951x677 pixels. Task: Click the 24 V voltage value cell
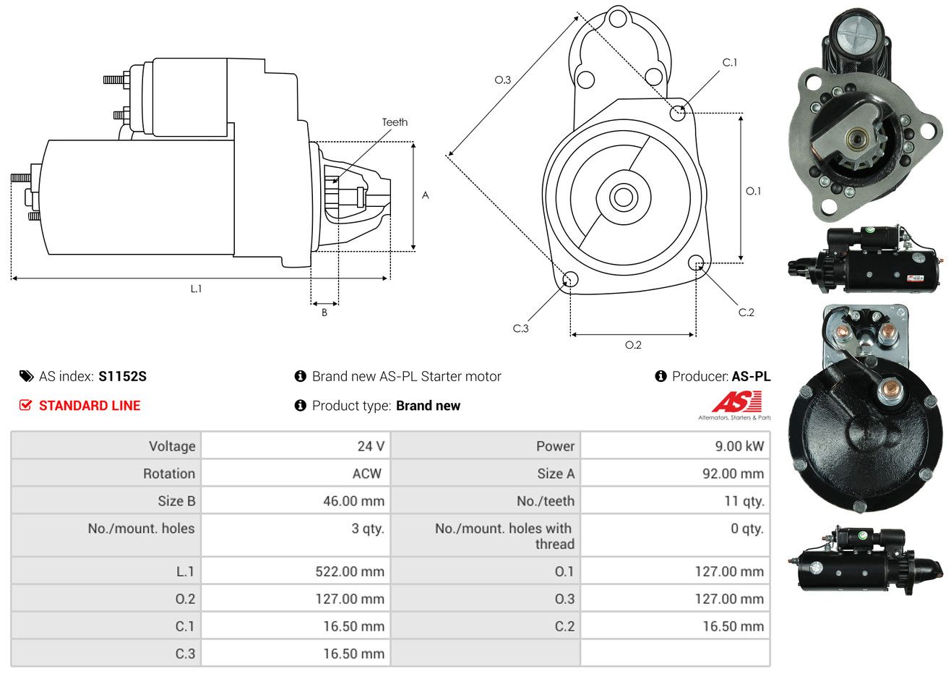tap(371, 446)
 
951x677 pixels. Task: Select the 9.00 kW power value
tap(739, 446)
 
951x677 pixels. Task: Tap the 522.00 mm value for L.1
tap(350, 571)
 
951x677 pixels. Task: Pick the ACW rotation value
tap(367, 474)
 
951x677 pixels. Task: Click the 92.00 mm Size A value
tap(733, 474)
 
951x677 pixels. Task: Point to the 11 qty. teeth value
tap(744, 501)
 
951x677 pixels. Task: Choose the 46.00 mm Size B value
tap(353, 501)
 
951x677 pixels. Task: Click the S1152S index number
tap(122, 377)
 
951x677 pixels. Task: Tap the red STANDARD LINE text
tap(90, 406)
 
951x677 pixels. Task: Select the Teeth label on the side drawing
tap(395, 122)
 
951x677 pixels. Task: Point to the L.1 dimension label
tap(196, 289)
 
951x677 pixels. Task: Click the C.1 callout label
tap(730, 62)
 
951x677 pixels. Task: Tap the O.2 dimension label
tap(633, 345)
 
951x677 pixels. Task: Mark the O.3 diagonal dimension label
tap(503, 80)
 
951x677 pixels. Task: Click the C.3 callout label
tap(520, 328)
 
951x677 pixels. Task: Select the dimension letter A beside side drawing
tap(426, 195)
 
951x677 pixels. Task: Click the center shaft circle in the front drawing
tap(623, 197)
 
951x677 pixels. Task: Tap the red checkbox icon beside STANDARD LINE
tap(25, 405)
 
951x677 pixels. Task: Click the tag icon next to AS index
tap(26, 377)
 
